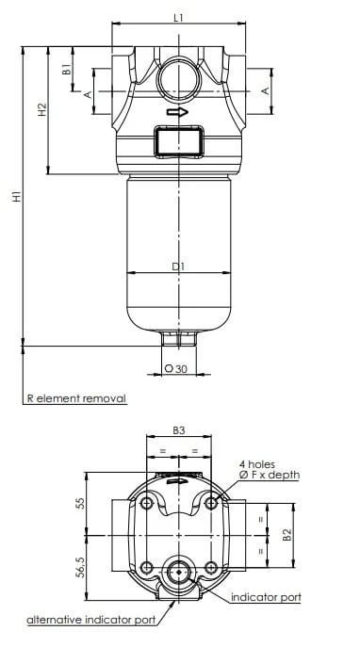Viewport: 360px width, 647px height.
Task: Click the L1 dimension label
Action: [x=178, y=18]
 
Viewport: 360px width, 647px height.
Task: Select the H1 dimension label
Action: [x=16, y=196]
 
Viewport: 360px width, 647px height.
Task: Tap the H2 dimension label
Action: [x=42, y=109]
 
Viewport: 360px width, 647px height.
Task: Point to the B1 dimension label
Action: [x=66, y=69]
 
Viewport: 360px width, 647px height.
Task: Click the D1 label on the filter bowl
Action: [x=178, y=267]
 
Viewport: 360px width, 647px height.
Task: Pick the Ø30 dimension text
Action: [x=176, y=368]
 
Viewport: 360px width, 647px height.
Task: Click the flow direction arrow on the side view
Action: [x=177, y=112]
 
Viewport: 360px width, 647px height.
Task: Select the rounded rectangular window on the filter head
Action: [x=179, y=141]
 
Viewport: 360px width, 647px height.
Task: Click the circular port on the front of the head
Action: [x=179, y=80]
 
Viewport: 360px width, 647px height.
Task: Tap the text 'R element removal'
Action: [x=76, y=398]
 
